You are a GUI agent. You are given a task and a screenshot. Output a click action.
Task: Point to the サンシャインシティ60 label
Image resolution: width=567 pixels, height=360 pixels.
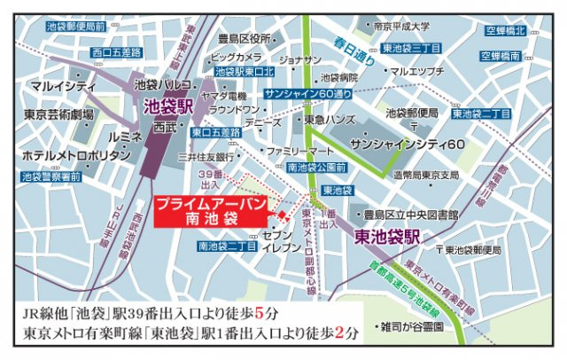pyautogui.click(x=408, y=143)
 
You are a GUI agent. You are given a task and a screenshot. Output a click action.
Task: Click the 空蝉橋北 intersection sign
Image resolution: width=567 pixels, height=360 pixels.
pyautogui.click(x=506, y=32)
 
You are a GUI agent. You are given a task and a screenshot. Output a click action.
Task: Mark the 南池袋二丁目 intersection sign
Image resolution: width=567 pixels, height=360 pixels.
pyautogui.click(x=228, y=246)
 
